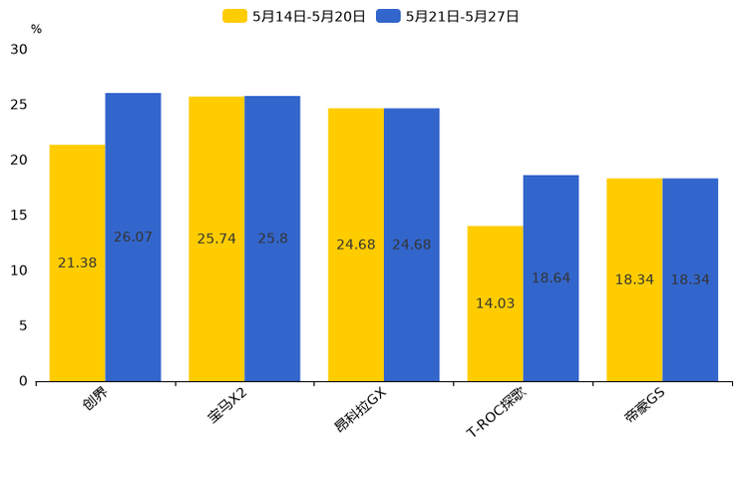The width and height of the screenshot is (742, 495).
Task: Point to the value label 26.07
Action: (133, 238)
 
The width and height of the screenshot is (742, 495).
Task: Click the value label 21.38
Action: (78, 263)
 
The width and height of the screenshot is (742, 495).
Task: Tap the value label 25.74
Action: (216, 240)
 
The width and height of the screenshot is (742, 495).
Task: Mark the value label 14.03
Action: (495, 303)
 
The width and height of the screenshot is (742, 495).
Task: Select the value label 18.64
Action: (551, 278)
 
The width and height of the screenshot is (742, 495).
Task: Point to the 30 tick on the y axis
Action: (19, 49)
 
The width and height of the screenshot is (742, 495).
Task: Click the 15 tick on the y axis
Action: (19, 216)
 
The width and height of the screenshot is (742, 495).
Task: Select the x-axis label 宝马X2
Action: (228, 406)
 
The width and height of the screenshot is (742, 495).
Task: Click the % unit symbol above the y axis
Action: (36, 30)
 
